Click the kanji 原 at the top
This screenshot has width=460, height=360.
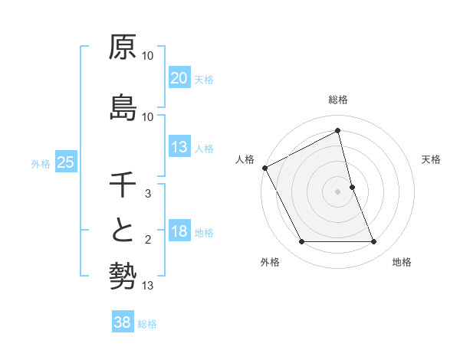pos(123,47)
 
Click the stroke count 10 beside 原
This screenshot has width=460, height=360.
pos(148,57)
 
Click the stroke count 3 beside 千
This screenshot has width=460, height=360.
pos(148,195)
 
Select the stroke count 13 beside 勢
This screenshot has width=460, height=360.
pos(148,286)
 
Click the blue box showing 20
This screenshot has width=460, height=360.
pos(179,78)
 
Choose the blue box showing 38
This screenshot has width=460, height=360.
pos(123,322)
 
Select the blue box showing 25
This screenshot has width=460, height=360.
pos(66,162)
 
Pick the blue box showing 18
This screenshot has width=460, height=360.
pos(179,231)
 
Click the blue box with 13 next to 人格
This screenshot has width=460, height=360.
pos(179,147)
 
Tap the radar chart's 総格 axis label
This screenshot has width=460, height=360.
pos(338,100)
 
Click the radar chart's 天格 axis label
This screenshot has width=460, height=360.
pos(432,159)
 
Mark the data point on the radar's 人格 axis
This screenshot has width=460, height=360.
pos(265,168)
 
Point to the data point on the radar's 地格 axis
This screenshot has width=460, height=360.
pos(374,242)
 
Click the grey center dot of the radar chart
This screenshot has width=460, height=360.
pos(338,191)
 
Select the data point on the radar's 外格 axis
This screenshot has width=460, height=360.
pos(301,242)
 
